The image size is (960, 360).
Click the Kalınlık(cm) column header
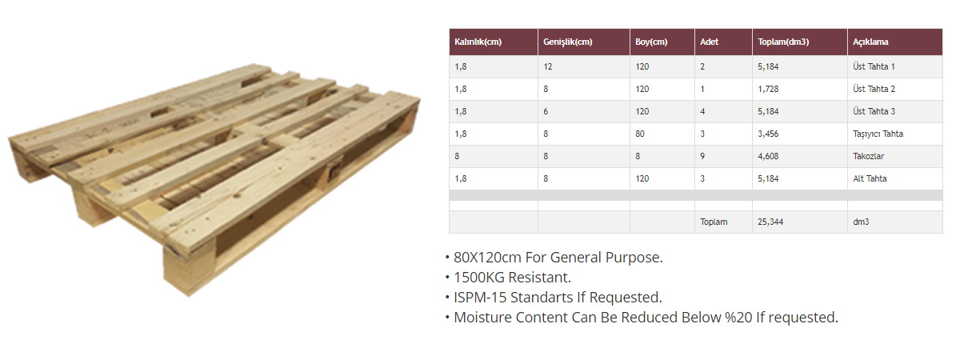point(478,42)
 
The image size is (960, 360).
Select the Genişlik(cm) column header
point(567,42)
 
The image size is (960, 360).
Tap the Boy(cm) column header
point(651,42)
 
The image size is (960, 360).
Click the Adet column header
point(709,42)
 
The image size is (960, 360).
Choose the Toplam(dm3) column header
point(783,42)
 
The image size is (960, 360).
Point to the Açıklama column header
point(870,42)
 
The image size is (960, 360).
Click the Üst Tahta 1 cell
point(874,66)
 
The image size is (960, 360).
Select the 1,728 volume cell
point(768,89)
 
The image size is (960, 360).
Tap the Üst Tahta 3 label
point(874,111)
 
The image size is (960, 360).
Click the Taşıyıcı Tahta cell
point(878,134)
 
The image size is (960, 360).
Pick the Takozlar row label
point(868,156)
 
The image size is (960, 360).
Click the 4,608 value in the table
point(768,157)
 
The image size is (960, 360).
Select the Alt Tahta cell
point(870,178)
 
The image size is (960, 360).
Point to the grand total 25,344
point(770,222)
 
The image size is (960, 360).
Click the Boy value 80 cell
point(640,134)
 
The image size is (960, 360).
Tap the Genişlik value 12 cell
point(548,66)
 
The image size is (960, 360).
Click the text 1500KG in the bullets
point(479,278)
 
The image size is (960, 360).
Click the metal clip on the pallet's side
point(334,170)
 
